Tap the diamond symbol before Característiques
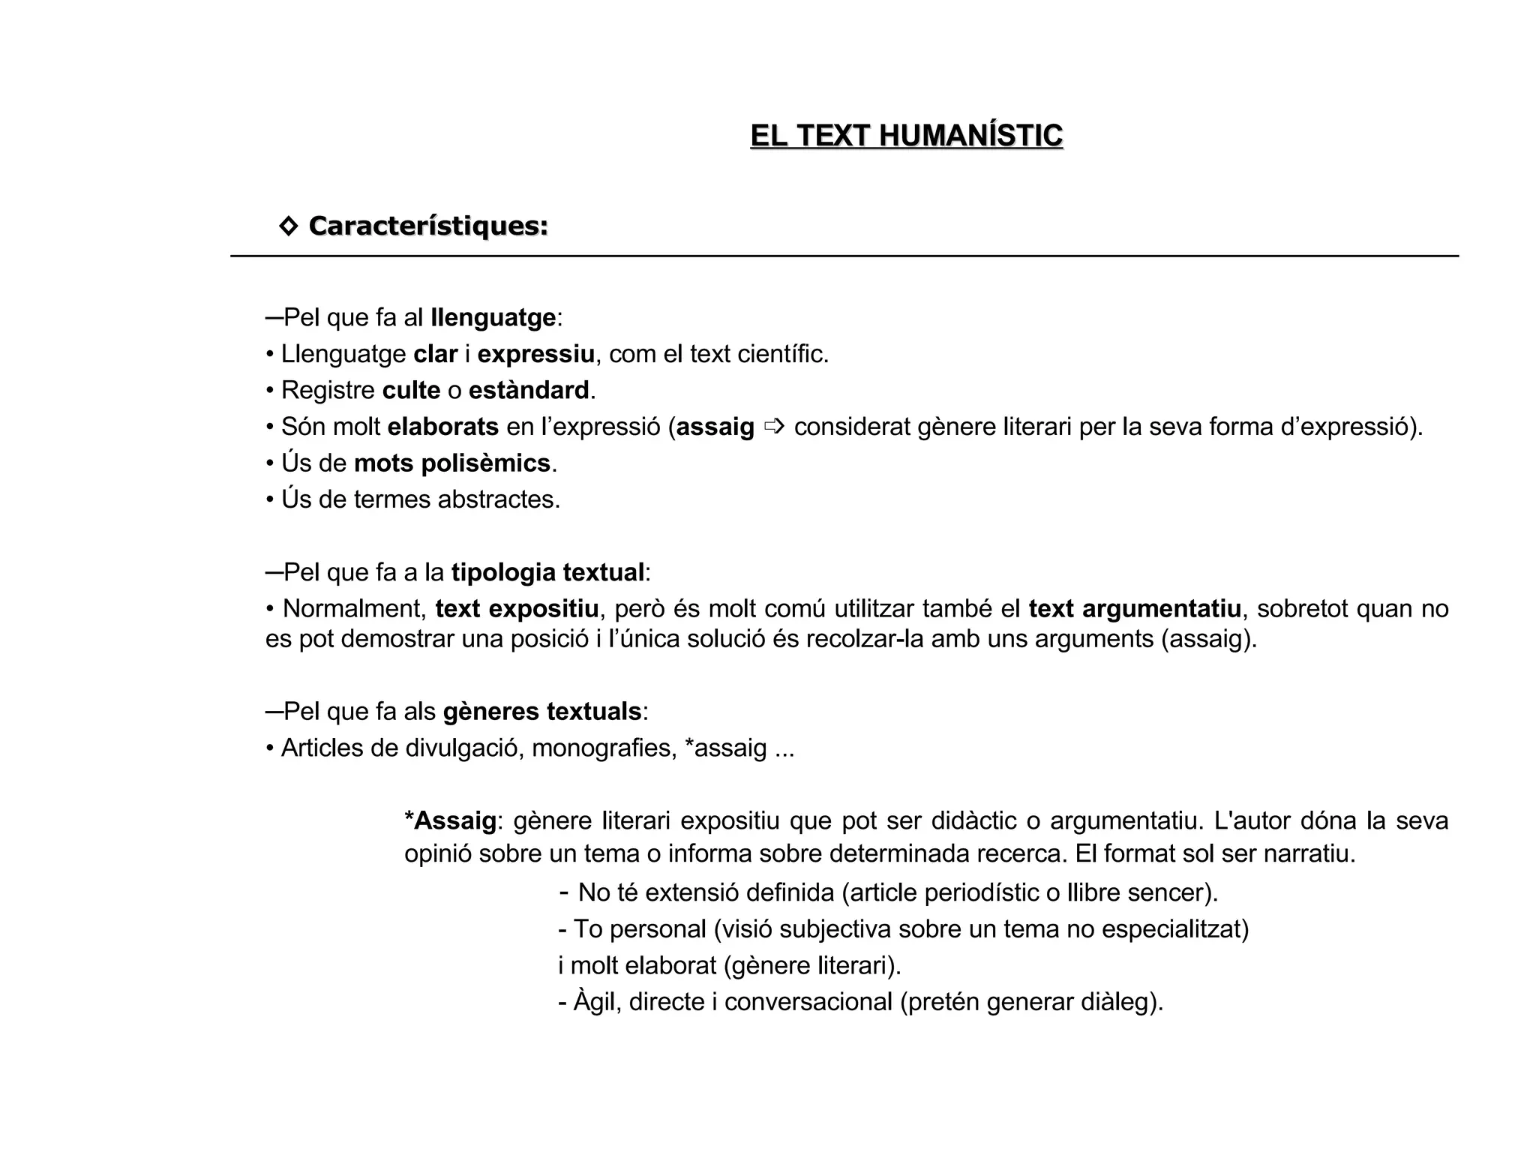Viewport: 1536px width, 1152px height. click(x=288, y=226)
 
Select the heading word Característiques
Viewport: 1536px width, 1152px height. click(x=428, y=226)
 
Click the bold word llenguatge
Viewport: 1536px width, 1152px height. click(x=493, y=318)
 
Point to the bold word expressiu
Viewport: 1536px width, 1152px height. click(x=535, y=354)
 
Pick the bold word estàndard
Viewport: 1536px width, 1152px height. click(x=529, y=391)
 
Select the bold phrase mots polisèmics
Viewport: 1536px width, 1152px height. click(x=452, y=463)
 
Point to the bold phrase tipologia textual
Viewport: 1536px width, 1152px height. click(x=547, y=573)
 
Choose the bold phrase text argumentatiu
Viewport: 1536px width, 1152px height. click(x=1135, y=609)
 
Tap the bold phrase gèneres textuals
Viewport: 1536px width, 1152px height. click(x=542, y=712)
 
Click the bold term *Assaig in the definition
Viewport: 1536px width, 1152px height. click(x=450, y=821)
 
